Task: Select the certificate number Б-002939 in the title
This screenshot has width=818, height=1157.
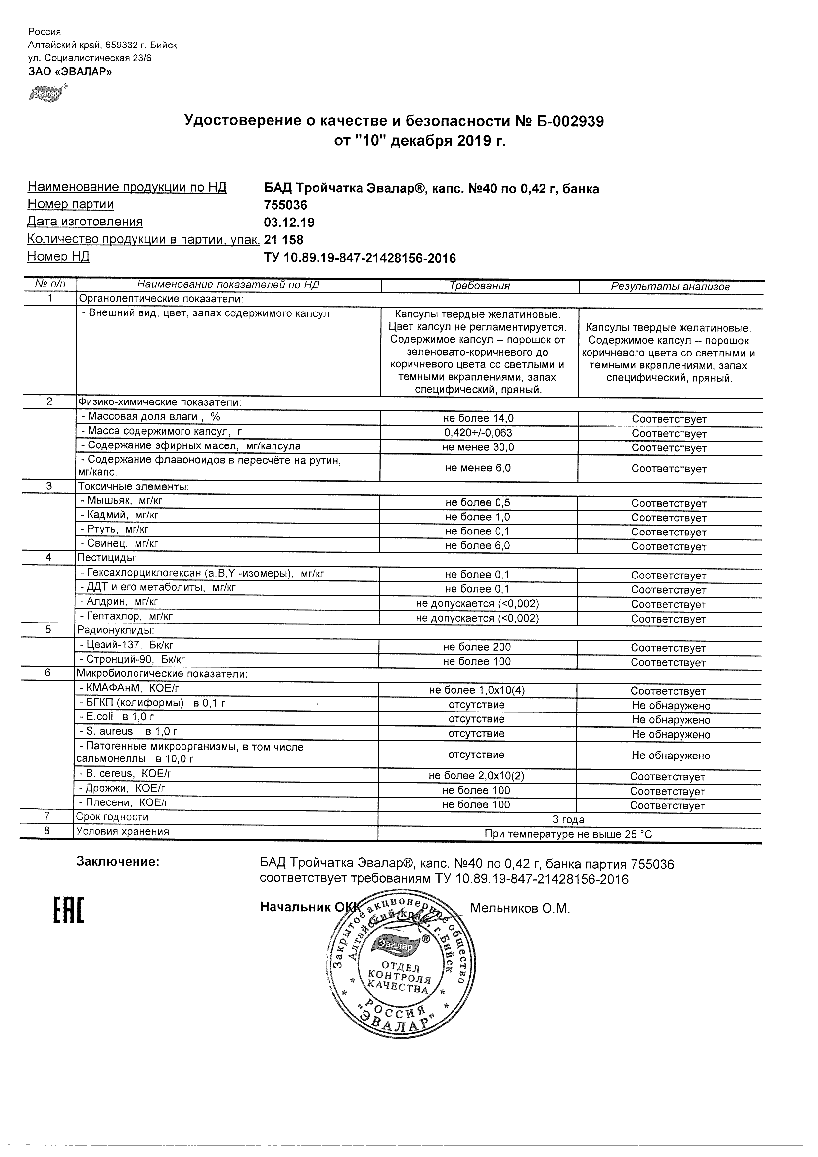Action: (x=565, y=121)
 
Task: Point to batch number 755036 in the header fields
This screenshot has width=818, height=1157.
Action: (x=285, y=205)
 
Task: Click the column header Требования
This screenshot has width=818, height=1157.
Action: (x=479, y=286)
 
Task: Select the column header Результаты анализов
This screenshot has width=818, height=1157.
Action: (x=670, y=287)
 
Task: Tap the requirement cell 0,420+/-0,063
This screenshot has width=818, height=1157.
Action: (x=478, y=433)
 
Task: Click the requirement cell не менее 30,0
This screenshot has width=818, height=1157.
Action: (x=478, y=447)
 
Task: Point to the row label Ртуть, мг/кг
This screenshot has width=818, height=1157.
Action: (x=117, y=529)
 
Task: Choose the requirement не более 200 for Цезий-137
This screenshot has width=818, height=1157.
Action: (x=477, y=647)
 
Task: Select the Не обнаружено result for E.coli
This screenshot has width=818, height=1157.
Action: (x=670, y=720)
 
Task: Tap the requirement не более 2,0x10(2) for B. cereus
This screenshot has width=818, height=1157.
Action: (x=476, y=777)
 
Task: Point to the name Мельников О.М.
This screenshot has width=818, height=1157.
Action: (x=520, y=909)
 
